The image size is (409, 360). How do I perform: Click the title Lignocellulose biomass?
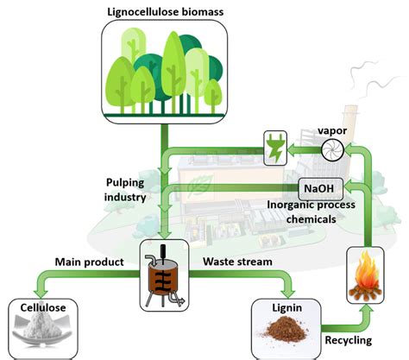(166, 12)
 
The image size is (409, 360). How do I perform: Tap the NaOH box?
(321, 189)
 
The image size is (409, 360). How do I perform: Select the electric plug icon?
(275, 148)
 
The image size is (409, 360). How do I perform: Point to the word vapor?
(332, 130)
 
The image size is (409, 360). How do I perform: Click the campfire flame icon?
(365, 275)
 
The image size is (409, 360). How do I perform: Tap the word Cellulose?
(43, 307)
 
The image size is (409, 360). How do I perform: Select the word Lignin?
(287, 308)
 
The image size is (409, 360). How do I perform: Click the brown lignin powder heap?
(286, 330)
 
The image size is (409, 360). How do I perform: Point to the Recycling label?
(349, 340)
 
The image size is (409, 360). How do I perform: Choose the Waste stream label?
(237, 262)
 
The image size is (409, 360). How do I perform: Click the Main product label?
(89, 262)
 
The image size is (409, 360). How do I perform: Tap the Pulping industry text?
(125, 190)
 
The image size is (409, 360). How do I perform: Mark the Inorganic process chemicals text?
(311, 212)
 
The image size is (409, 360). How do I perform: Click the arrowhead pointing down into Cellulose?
(40, 294)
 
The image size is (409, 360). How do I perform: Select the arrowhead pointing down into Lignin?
(287, 294)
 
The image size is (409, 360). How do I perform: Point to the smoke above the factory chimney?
(374, 78)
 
